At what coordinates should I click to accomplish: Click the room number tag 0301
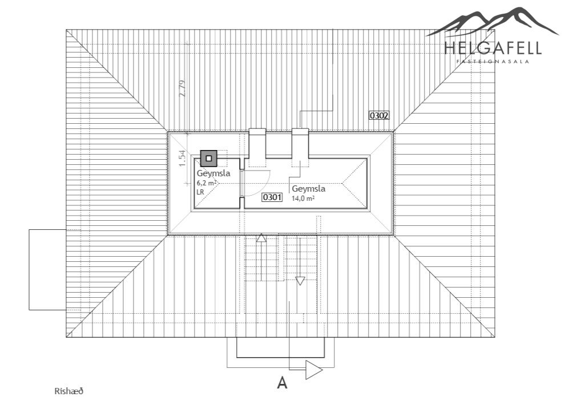pyautogui.click(x=272, y=197)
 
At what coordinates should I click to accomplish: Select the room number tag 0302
pyautogui.click(x=379, y=115)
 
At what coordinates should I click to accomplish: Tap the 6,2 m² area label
pyautogui.click(x=207, y=183)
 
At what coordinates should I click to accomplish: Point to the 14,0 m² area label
pyautogui.click(x=303, y=199)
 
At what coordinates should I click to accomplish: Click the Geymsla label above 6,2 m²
pyautogui.click(x=213, y=173)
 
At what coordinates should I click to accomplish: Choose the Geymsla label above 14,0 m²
pyautogui.click(x=308, y=189)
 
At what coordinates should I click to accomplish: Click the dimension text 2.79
pyautogui.click(x=182, y=88)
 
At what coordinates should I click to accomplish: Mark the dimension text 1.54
pyautogui.click(x=182, y=159)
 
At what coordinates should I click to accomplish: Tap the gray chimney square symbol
pyautogui.click(x=209, y=159)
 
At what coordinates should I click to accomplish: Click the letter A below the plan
pyautogui.click(x=282, y=383)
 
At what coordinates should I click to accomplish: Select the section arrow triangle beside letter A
pyautogui.click(x=314, y=370)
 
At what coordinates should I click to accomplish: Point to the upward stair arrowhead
pyautogui.click(x=261, y=238)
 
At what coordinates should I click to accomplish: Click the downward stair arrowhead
pyautogui.click(x=300, y=281)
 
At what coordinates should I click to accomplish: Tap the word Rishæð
pyautogui.click(x=69, y=391)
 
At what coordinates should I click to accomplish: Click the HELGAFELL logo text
pyautogui.click(x=493, y=48)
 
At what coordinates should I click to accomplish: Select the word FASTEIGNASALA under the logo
pyautogui.click(x=493, y=61)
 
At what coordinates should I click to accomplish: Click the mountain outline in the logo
pyautogui.click(x=493, y=22)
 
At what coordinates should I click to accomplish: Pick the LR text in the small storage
pyautogui.click(x=200, y=192)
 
